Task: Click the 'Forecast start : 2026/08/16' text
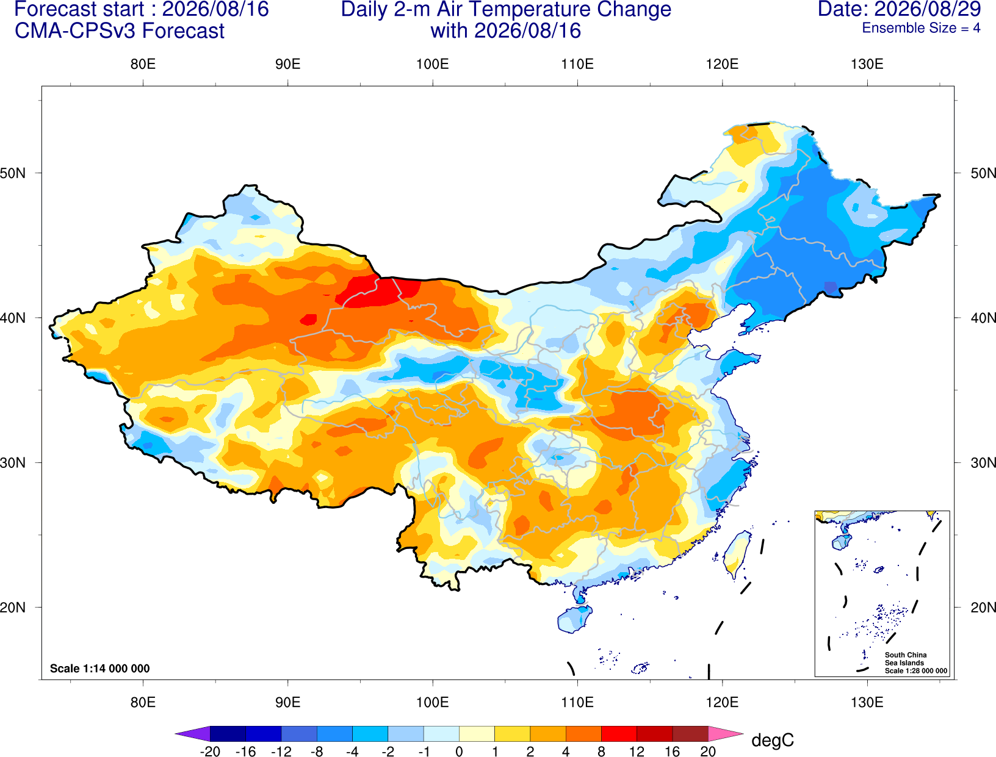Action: [142, 9]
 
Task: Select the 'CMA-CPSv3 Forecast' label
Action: [120, 31]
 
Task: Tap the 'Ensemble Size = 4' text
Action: [921, 28]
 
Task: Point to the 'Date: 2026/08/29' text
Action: [900, 9]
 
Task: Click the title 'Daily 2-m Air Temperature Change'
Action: [506, 9]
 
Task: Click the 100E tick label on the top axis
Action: [433, 64]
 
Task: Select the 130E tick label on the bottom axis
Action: [867, 703]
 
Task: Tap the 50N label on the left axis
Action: [13, 173]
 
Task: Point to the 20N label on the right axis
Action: [983, 608]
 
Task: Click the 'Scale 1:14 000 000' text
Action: [100, 669]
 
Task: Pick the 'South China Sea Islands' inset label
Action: [906, 659]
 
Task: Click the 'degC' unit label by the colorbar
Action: [772, 740]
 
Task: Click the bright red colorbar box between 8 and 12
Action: [619, 734]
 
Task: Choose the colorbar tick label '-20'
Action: [210, 752]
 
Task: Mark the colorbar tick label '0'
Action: [459, 752]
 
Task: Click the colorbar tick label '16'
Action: [673, 752]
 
